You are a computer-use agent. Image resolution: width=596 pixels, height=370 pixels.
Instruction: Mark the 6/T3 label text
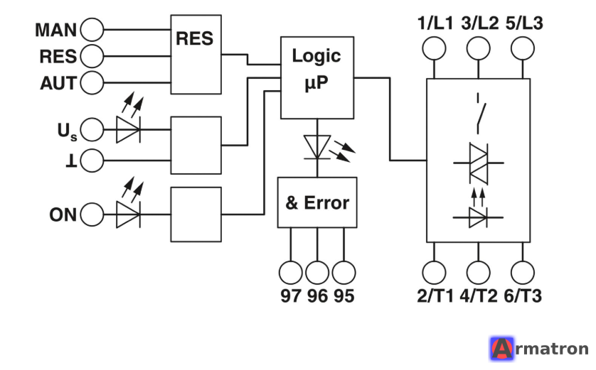click(x=523, y=295)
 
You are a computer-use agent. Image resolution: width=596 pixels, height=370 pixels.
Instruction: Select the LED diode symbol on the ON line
click(x=128, y=214)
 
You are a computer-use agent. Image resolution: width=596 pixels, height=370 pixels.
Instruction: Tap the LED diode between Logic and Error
click(x=317, y=147)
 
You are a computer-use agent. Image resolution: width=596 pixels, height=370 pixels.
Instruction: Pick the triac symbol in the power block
click(x=478, y=163)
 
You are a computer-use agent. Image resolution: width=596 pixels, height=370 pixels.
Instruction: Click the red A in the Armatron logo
click(x=501, y=348)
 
